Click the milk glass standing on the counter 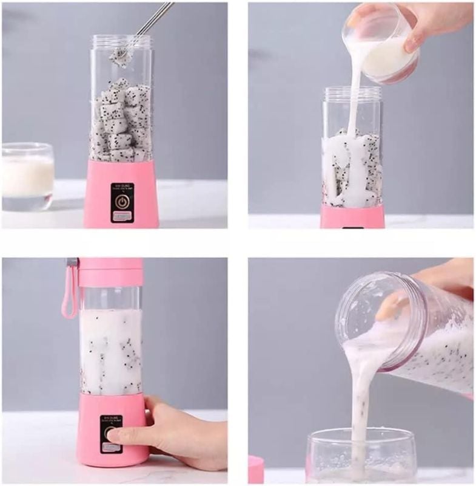27,176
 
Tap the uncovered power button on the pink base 122,201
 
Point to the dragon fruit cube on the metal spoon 120,55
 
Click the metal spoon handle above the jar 152,18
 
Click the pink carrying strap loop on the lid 70,292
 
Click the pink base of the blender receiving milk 352,216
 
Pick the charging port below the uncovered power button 122,216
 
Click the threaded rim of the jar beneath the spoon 121,42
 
